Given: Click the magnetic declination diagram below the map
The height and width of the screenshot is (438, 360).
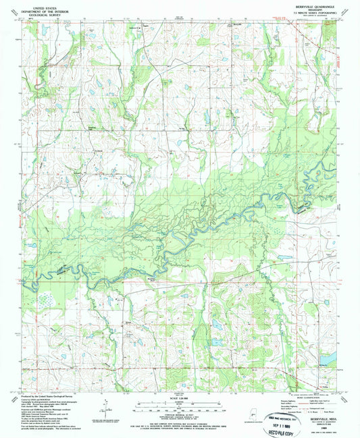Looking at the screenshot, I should tap(105, 407).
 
